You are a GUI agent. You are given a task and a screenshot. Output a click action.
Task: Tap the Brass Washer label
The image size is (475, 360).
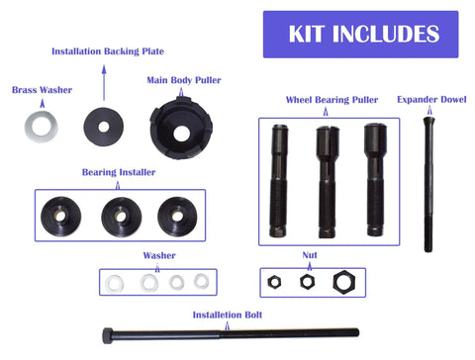click(x=42, y=89)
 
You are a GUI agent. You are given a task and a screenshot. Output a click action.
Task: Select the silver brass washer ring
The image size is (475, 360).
click(x=42, y=126)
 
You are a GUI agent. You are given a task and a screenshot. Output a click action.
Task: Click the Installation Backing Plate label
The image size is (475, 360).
click(x=107, y=49)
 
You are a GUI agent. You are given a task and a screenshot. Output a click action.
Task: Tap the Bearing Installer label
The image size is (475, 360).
click(x=118, y=172)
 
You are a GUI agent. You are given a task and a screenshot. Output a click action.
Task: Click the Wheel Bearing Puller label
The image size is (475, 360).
click(x=332, y=100)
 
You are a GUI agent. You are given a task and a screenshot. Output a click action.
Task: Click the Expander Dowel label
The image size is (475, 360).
click(x=431, y=99)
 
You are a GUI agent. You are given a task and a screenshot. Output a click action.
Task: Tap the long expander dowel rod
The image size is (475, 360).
click(x=428, y=183)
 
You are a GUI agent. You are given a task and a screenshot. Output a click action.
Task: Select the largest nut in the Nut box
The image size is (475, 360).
click(x=344, y=281)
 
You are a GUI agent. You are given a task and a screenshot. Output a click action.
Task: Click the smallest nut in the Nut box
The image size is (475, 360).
click(x=275, y=281)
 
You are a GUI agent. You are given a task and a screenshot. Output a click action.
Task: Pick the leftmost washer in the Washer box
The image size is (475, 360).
click(x=114, y=283)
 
